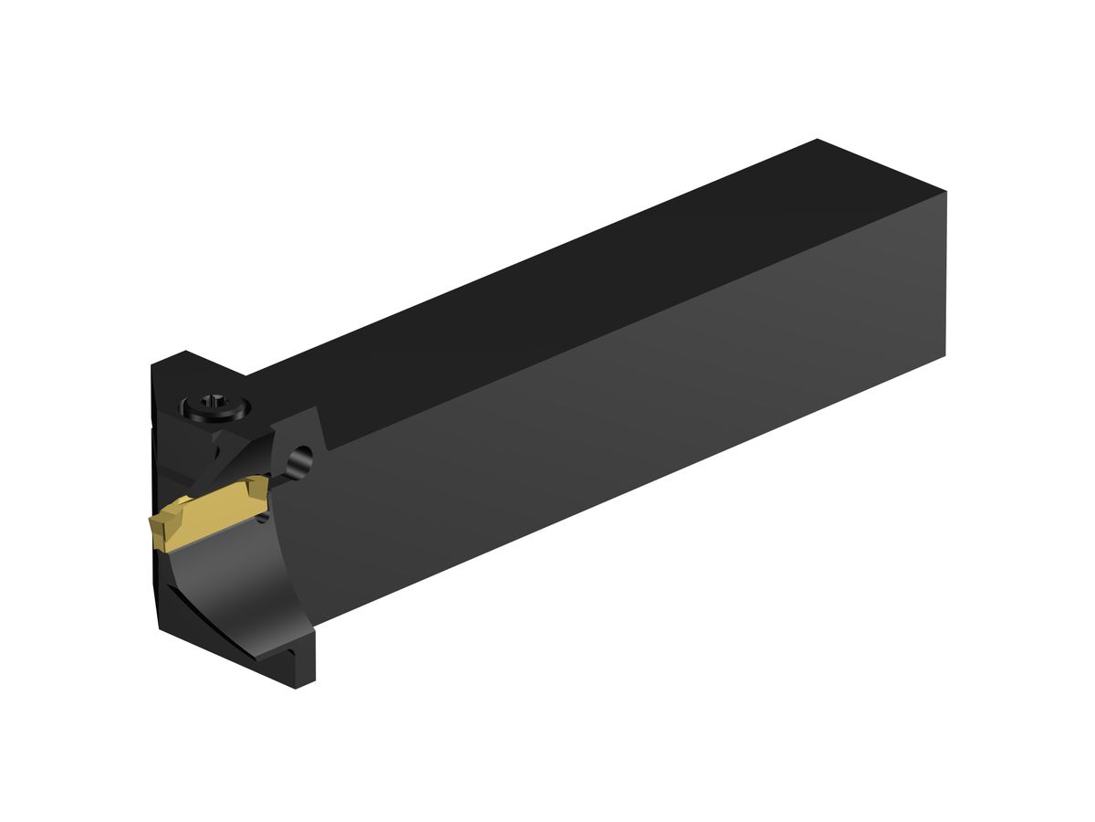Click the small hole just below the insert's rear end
click(265, 518)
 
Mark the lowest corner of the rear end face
click(945, 355)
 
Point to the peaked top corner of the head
click(186, 352)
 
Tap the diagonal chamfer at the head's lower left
click(210, 630)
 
